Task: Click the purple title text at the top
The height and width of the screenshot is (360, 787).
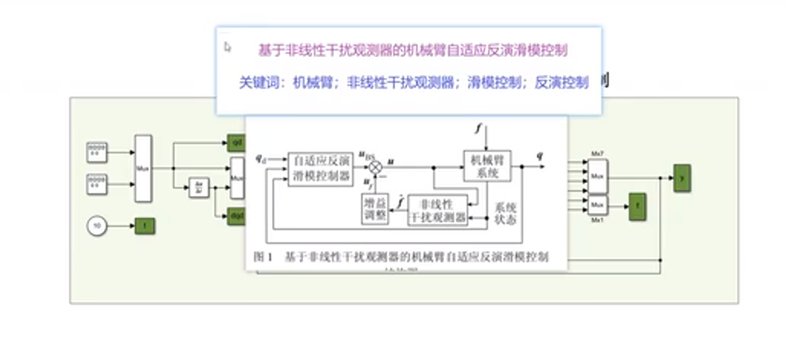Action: pyautogui.click(x=413, y=50)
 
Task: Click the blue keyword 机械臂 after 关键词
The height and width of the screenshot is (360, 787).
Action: pyautogui.click(x=313, y=83)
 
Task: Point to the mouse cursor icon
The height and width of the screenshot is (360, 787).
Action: pyautogui.click(x=227, y=47)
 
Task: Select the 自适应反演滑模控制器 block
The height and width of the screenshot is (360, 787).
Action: pyautogui.click(x=320, y=169)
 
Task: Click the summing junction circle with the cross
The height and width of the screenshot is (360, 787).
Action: pyautogui.click(x=375, y=167)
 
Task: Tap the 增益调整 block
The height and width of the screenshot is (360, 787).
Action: pyautogui.click(x=375, y=209)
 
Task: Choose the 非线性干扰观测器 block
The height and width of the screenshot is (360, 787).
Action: pyautogui.click(x=438, y=210)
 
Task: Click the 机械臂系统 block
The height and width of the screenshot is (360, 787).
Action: pyautogui.click(x=487, y=166)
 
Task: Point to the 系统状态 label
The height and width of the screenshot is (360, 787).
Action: pyautogui.click(x=505, y=213)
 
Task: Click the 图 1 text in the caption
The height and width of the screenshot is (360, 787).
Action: pyautogui.click(x=263, y=257)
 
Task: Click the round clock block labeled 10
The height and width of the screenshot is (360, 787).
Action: pyautogui.click(x=97, y=226)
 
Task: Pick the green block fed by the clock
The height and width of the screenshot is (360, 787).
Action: pyautogui.click(x=145, y=226)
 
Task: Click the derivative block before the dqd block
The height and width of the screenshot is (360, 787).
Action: pyautogui.click(x=199, y=187)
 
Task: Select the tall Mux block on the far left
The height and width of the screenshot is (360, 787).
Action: pyautogui.click(x=143, y=168)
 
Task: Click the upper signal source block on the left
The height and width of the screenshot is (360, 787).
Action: pyautogui.click(x=97, y=152)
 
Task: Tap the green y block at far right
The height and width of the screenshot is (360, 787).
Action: pyautogui.click(x=682, y=178)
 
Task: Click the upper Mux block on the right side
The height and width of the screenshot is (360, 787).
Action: pyautogui.click(x=597, y=176)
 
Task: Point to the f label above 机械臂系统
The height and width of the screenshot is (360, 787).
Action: pyautogui.click(x=478, y=128)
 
